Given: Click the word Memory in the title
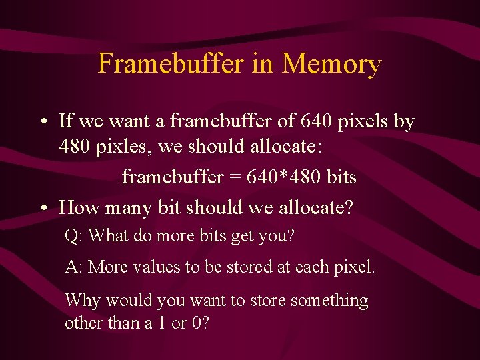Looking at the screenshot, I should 331,64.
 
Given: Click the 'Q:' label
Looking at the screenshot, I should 74,236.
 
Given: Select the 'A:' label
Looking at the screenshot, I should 73,268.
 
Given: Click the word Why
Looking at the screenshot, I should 83,301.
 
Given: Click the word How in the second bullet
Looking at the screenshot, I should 77,207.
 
